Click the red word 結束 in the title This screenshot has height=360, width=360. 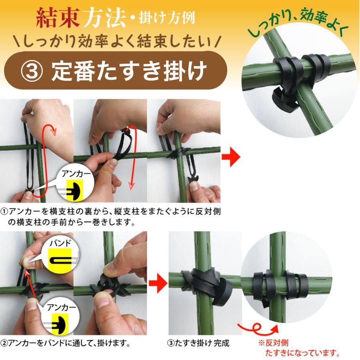(58, 18)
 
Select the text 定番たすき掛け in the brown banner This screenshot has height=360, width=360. (129, 71)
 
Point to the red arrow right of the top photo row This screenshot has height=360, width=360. (231, 157)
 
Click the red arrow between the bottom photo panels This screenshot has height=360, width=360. (158, 283)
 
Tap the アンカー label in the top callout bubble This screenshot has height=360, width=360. (76, 174)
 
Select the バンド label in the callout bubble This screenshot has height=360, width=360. (60, 243)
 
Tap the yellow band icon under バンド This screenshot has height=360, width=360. (60, 261)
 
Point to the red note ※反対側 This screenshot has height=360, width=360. (273, 343)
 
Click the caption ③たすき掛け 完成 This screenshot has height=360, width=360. (198, 343)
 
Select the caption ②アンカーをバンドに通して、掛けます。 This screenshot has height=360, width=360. (66, 343)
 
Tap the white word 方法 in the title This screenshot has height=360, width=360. (104, 18)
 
